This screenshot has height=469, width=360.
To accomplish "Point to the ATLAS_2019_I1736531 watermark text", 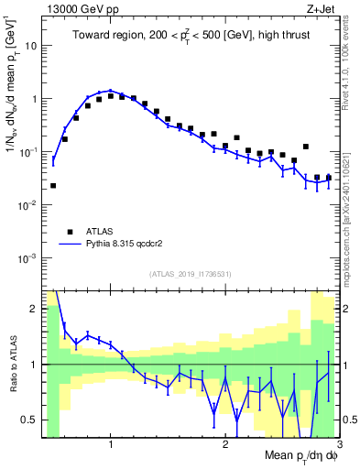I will [x=191, y=274].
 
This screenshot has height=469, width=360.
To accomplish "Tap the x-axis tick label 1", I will [x=111, y=443].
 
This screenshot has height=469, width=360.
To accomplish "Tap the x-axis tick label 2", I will [x=225, y=443].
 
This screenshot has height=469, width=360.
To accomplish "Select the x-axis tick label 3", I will [x=338, y=443].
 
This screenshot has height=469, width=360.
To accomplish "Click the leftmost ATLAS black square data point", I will [x=53, y=185].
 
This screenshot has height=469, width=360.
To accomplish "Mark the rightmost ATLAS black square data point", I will [x=328, y=178].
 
